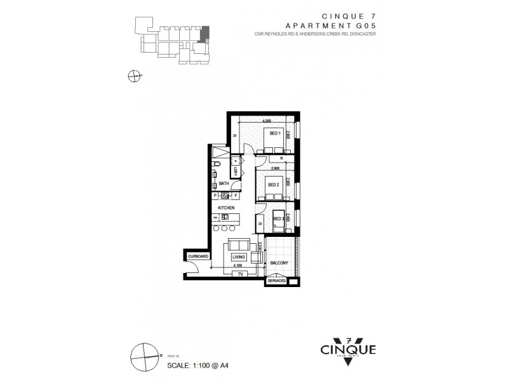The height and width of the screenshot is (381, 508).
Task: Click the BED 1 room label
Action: [x=274, y=133]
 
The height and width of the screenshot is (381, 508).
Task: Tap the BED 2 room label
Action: [x=274, y=185]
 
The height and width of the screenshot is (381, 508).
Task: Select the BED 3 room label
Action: [x=277, y=219]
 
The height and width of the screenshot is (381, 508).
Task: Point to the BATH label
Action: [x=224, y=184]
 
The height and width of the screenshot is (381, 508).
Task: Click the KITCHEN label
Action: [x=227, y=208]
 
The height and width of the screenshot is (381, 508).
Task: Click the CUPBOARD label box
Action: [x=197, y=255]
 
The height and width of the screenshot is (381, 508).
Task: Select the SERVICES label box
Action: [x=276, y=280]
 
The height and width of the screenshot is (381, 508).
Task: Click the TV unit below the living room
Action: [x=239, y=274]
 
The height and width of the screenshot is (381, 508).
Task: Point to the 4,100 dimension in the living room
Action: [x=238, y=266]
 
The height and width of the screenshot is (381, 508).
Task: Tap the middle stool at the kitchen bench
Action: [x=225, y=227]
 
